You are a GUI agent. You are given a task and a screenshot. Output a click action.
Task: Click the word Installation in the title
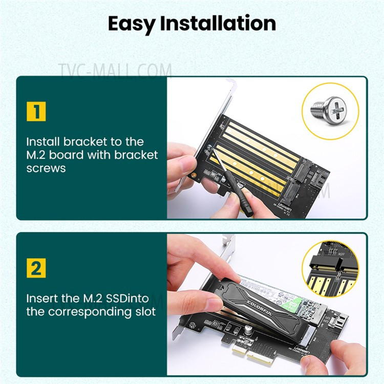pos(223,23)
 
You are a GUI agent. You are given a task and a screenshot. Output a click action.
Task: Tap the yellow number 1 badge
pos(36,111)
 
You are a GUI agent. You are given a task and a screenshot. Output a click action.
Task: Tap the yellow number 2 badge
pos(36,268)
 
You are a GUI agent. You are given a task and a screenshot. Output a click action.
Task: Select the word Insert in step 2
pos(42,297)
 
